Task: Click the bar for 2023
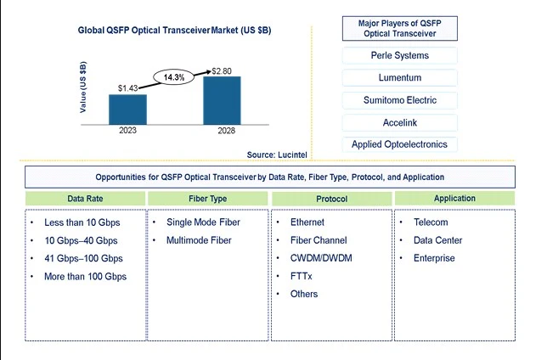coord(127,110)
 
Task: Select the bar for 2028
coord(222,100)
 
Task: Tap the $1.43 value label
coord(127,88)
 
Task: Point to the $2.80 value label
coord(222,71)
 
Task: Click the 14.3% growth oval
coord(174,77)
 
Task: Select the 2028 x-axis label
coord(227,131)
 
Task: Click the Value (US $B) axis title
coord(83,87)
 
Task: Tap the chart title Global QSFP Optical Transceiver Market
coord(174,31)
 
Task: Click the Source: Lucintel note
coord(277,155)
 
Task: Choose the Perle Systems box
coord(400,55)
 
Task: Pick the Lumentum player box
coord(400,78)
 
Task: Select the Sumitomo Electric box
coord(400,100)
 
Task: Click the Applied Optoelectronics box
coord(400,144)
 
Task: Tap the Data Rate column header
coord(85,199)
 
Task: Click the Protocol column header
coord(332,199)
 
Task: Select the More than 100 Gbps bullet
coord(85,277)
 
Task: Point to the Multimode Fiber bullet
coord(199,240)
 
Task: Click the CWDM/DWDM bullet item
coord(321,258)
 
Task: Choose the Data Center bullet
coord(437,240)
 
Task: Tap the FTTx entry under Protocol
coord(301,276)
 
